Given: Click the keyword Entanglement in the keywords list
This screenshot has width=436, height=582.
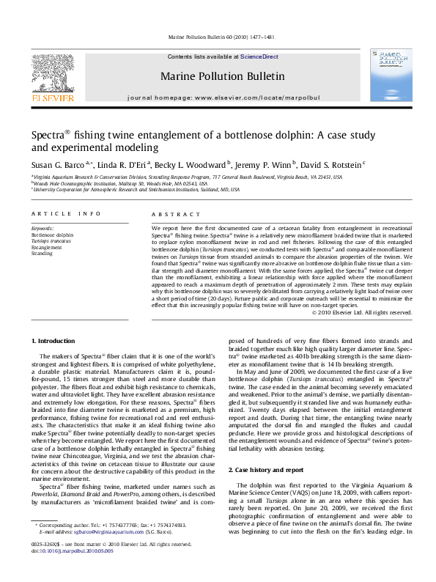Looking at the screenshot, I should coord(47,247).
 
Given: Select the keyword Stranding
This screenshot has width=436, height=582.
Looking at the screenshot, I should coord(43,254).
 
